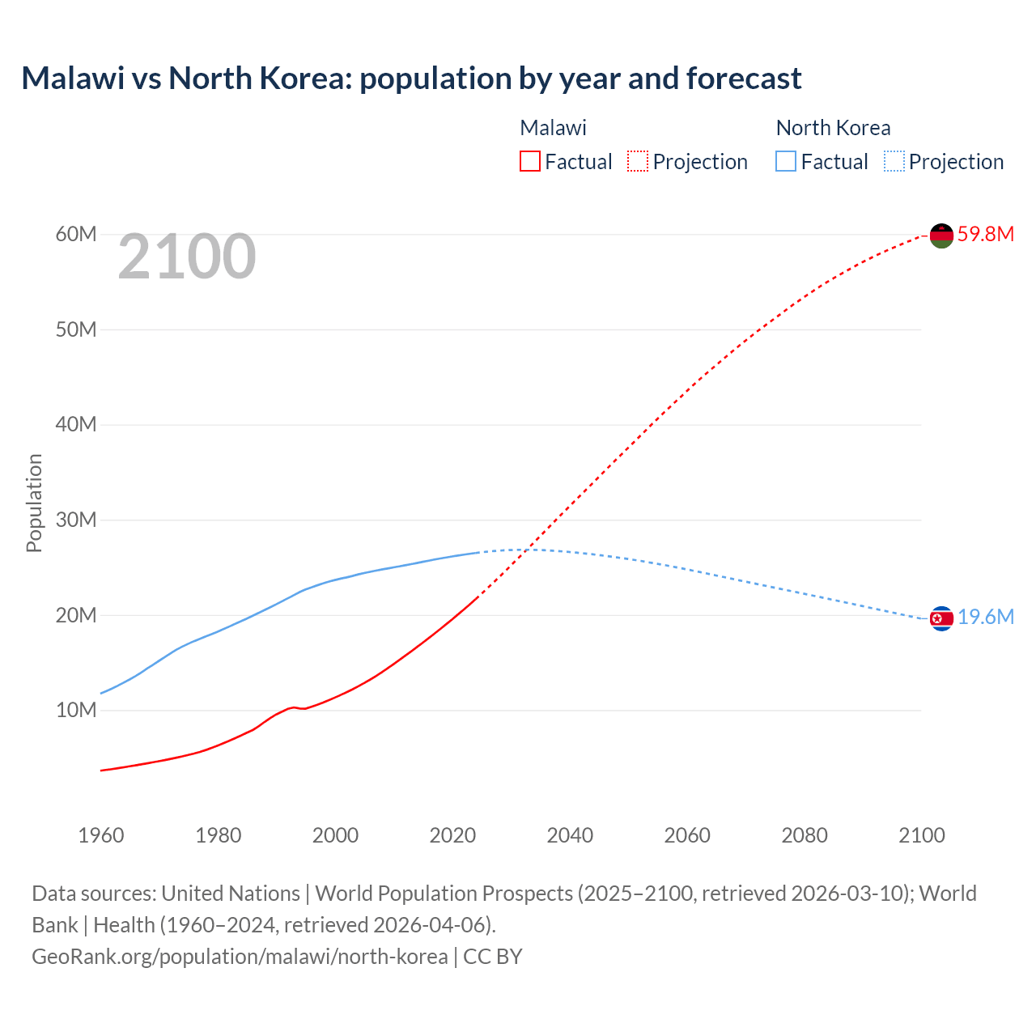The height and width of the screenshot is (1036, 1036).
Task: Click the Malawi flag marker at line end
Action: click(x=941, y=236)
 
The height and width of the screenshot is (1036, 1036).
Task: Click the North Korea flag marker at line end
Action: click(x=941, y=618)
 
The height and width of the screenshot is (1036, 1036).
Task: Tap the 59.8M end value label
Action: click(x=985, y=234)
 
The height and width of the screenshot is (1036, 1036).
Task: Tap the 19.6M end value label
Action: click(x=985, y=617)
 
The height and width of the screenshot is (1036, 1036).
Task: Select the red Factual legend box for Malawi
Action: click(x=529, y=161)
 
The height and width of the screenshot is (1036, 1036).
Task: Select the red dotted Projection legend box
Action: click(x=638, y=161)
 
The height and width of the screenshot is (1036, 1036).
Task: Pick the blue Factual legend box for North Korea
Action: click(x=785, y=161)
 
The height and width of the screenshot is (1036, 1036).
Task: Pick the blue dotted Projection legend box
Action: click(x=894, y=161)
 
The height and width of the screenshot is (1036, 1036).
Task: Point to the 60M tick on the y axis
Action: click(x=76, y=234)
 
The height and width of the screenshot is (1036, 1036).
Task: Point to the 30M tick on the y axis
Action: click(x=76, y=520)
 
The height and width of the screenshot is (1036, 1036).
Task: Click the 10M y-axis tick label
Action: click(x=76, y=710)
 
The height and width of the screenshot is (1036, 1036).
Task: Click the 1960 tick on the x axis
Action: click(x=101, y=834)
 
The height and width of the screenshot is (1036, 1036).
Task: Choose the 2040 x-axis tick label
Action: click(x=570, y=834)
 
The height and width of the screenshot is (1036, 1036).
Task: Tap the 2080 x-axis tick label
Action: click(x=805, y=834)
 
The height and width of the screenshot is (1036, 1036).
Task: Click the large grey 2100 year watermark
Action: click(x=187, y=257)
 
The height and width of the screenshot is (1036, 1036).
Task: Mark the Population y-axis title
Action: click(x=34, y=503)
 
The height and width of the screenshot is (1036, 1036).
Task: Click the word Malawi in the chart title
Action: click(x=73, y=79)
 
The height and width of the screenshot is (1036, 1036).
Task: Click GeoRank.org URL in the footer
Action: click(x=240, y=956)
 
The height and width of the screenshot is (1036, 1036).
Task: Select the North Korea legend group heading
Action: click(x=833, y=128)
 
